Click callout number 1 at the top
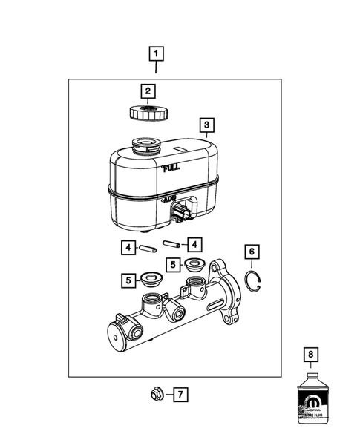point(156,53)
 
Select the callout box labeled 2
point(148,91)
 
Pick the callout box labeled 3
point(207,125)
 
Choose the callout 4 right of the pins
point(194,243)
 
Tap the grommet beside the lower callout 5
point(153,282)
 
